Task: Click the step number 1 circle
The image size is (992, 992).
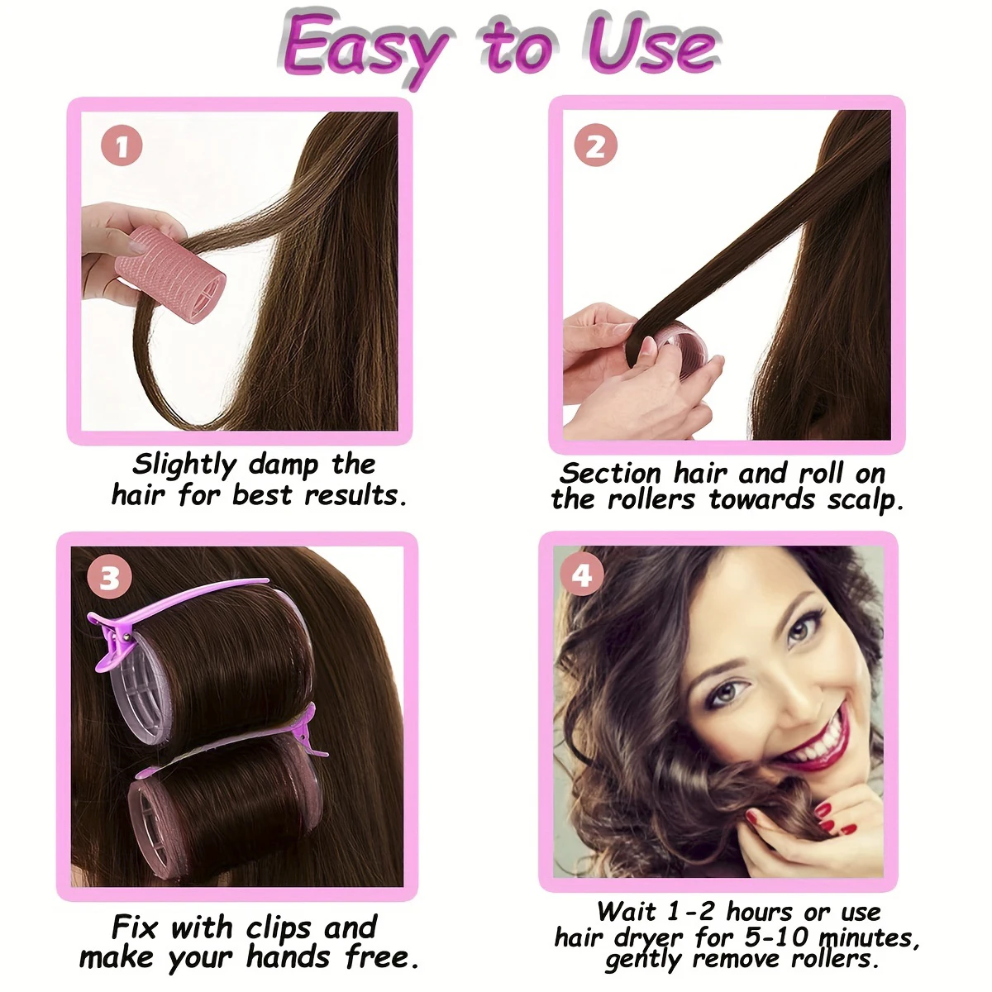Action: point(122,148)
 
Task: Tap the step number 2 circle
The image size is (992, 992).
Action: point(595,146)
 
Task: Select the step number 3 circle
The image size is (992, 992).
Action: point(109,578)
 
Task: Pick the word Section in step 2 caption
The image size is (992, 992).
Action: point(610,474)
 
